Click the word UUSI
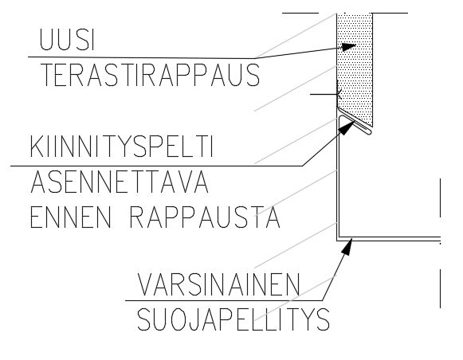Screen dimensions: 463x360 click(67, 39)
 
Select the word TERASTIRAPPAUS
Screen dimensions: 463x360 click(151, 75)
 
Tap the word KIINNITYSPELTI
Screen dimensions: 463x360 click(121, 146)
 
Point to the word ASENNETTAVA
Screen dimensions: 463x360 click(120, 182)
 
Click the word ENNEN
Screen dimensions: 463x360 click(71, 217)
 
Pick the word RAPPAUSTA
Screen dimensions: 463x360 click(205, 217)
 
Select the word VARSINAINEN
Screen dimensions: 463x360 click(219, 284)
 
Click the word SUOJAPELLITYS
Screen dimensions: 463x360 click(233, 319)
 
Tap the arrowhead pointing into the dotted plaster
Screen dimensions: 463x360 click(349, 47)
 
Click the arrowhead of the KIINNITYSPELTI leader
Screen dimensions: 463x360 click(347, 127)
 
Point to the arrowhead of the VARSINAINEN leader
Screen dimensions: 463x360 click(347, 247)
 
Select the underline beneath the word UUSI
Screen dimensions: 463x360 click(141, 57)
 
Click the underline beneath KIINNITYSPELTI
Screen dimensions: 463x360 click(156, 166)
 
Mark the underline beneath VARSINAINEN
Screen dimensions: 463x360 click(224, 301)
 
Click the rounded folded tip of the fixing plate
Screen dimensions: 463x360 click(370, 131)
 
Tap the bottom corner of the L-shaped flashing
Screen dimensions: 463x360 click(338, 240)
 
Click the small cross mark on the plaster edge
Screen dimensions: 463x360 click(339, 94)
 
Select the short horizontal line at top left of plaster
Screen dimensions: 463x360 click(300, 13)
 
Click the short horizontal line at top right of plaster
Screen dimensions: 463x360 click(390, 13)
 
